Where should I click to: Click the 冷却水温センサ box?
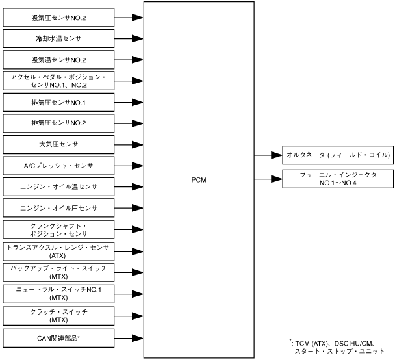click(x=58, y=38)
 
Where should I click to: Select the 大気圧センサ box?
click(x=58, y=144)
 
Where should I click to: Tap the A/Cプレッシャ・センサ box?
click(x=58, y=165)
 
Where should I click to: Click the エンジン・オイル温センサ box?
click(x=58, y=186)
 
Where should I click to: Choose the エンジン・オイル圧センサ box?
click(x=58, y=208)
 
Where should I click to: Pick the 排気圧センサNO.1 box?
click(x=58, y=102)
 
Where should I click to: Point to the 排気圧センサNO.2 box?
click(x=58, y=123)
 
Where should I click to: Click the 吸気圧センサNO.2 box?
click(x=58, y=18)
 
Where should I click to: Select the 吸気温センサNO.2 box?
click(x=58, y=60)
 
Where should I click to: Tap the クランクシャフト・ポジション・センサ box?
click(x=58, y=229)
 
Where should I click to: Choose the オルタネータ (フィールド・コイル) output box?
click(x=338, y=155)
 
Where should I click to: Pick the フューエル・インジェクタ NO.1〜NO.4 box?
click(x=338, y=177)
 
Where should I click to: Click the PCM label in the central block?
click(x=199, y=179)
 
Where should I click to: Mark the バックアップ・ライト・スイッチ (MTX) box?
click(x=58, y=272)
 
